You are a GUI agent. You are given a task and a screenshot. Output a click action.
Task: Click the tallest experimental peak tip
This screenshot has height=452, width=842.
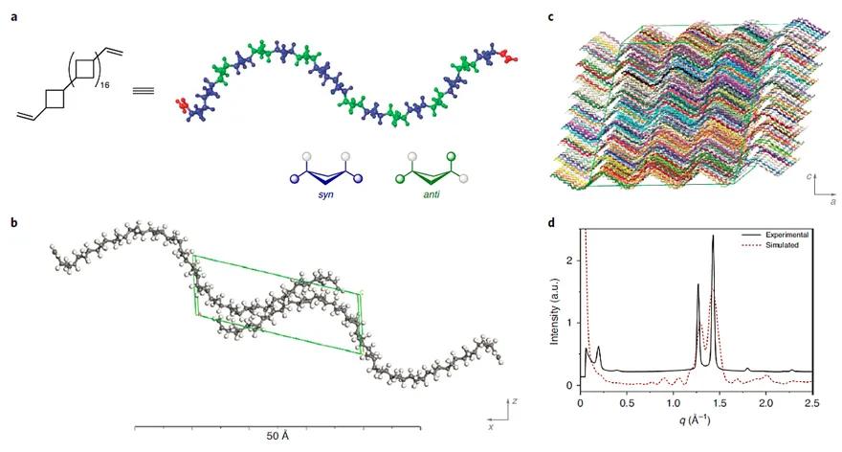[713, 237]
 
